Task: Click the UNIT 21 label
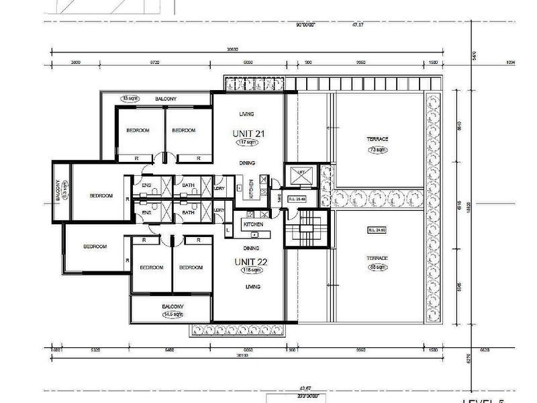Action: pyautogui.click(x=248, y=133)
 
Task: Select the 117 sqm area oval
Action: pyautogui.click(x=248, y=143)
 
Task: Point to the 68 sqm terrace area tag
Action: pyautogui.click(x=378, y=267)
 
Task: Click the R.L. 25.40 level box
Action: pyautogui.click(x=297, y=199)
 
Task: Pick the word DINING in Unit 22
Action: pyautogui.click(x=251, y=248)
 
